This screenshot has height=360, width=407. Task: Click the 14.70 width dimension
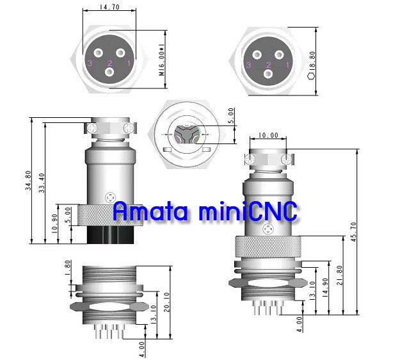[108, 7]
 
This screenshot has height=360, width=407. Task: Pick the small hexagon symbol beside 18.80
[310, 75]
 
